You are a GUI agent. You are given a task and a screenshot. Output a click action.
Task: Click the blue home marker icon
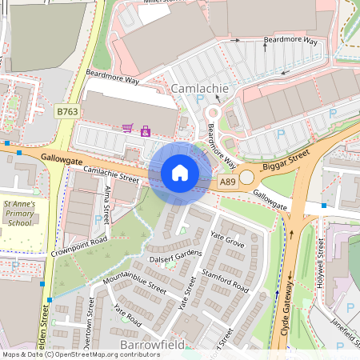(180, 173)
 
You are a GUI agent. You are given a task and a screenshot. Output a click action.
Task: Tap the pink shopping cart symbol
(127, 127)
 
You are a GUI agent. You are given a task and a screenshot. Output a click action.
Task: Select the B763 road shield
(67, 113)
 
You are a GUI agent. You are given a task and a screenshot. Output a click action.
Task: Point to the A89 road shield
(228, 182)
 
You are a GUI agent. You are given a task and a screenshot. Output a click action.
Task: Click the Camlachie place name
(200, 88)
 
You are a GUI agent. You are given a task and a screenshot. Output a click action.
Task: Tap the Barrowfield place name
(152, 345)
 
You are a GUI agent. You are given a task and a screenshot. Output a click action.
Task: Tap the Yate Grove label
(226, 238)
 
